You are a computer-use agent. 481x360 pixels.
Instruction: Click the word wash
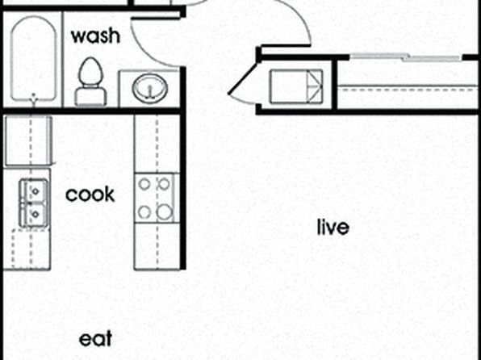coord(95,36)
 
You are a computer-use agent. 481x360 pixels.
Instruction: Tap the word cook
coord(90,194)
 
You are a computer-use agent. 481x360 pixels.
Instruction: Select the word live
coord(333,227)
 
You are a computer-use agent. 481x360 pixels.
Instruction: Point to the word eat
coord(95,339)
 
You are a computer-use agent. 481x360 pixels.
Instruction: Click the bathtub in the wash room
coord(33,59)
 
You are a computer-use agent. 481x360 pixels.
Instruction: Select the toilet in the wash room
coord(91,82)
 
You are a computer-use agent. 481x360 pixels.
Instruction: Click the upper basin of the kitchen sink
coord(34,190)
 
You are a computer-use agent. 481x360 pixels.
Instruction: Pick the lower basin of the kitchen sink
coord(34,215)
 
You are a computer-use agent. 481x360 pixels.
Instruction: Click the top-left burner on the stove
coord(144,184)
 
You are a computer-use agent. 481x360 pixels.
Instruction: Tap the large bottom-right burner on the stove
coord(165,212)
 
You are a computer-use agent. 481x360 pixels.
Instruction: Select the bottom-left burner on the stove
coord(144,212)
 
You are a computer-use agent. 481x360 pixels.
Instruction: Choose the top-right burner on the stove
coord(164,184)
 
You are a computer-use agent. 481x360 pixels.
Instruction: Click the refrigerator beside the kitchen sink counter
coord(28,140)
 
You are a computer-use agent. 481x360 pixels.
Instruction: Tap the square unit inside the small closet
coord(296,86)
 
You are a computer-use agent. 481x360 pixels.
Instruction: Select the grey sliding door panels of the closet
coord(406,57)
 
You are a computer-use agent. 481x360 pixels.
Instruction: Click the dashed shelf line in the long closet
coord(409,90)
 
